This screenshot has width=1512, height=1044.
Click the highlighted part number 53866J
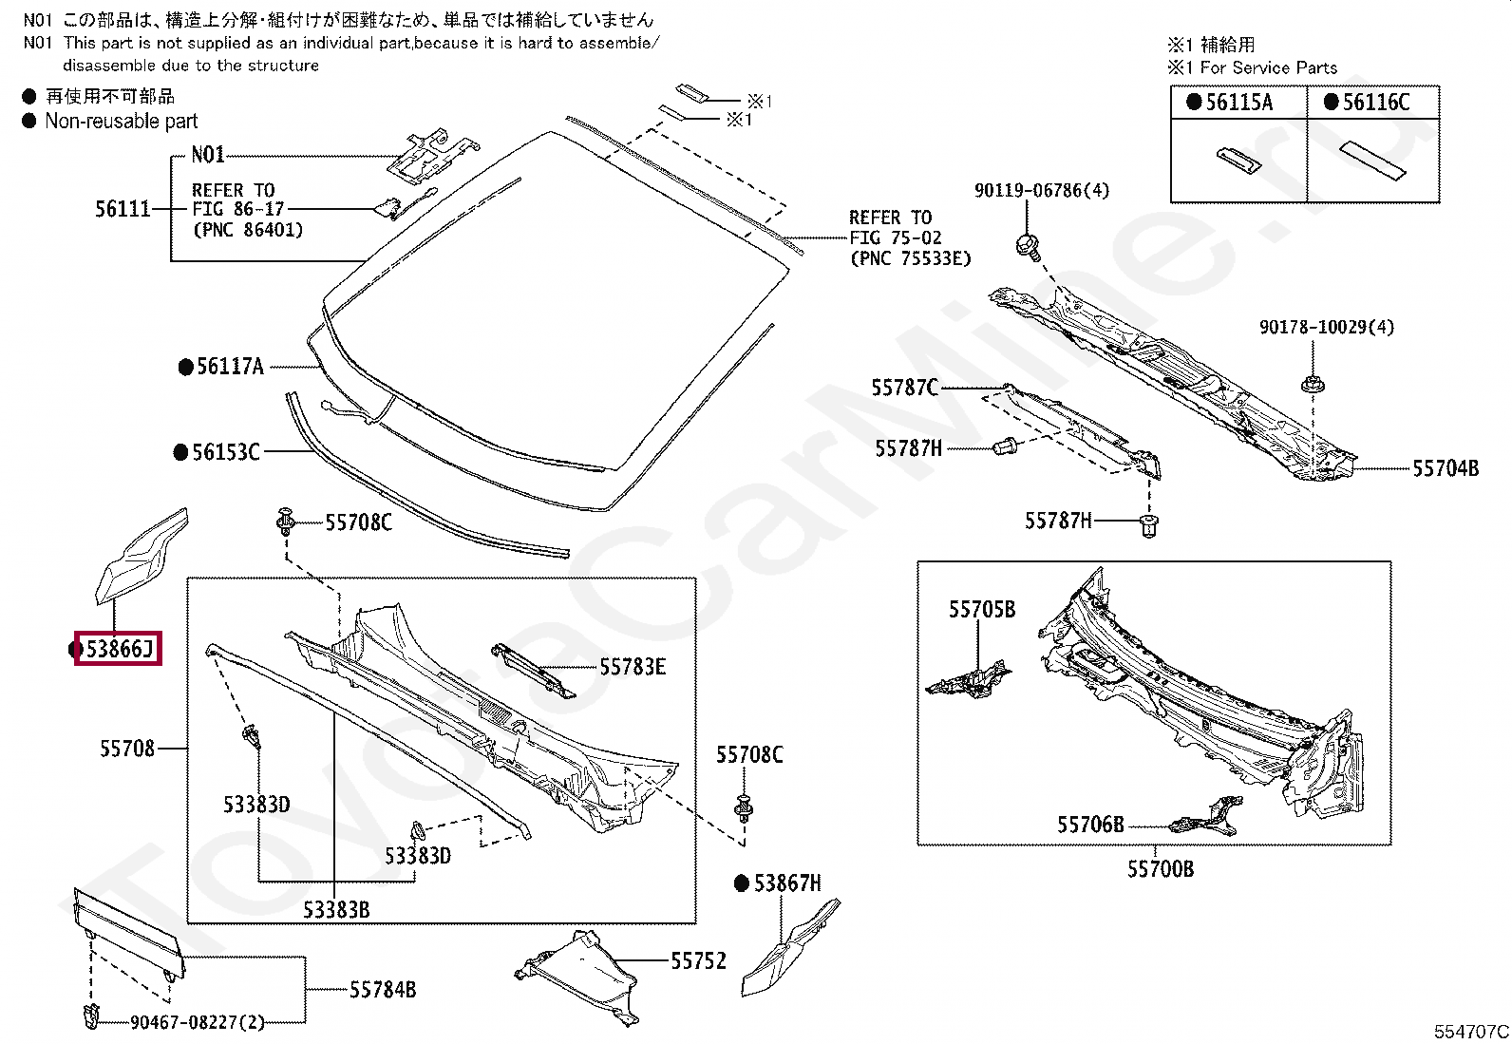click(x=119, y=650)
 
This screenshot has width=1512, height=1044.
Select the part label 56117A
click(x=229, y=367)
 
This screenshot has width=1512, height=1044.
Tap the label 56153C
click(x=225, y=452)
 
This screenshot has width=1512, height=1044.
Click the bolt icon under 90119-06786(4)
click(x=1027, y=245)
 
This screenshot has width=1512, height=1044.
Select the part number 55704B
click(x=1445, y=468)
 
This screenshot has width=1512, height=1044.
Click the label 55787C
click(x=904, y=388)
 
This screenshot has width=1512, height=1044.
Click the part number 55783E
click(x=632, y=667)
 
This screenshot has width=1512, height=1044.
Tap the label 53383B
click(x=336, y=910)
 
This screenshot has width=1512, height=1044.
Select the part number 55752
click(x=698, y=961)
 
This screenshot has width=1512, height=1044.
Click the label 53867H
click(x=786, y=884)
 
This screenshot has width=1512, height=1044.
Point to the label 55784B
click(x=382, y=990)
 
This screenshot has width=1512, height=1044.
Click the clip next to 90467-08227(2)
click(x=92, y=1015)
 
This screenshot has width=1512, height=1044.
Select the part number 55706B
click(x=1090, y=825)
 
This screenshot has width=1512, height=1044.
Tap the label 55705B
click(x=981, y=610)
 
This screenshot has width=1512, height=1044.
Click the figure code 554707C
click(x=1471, y=1032)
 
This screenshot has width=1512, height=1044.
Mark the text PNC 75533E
click(x=911, y=258)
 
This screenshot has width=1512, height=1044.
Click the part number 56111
click(x=123, y=209)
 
